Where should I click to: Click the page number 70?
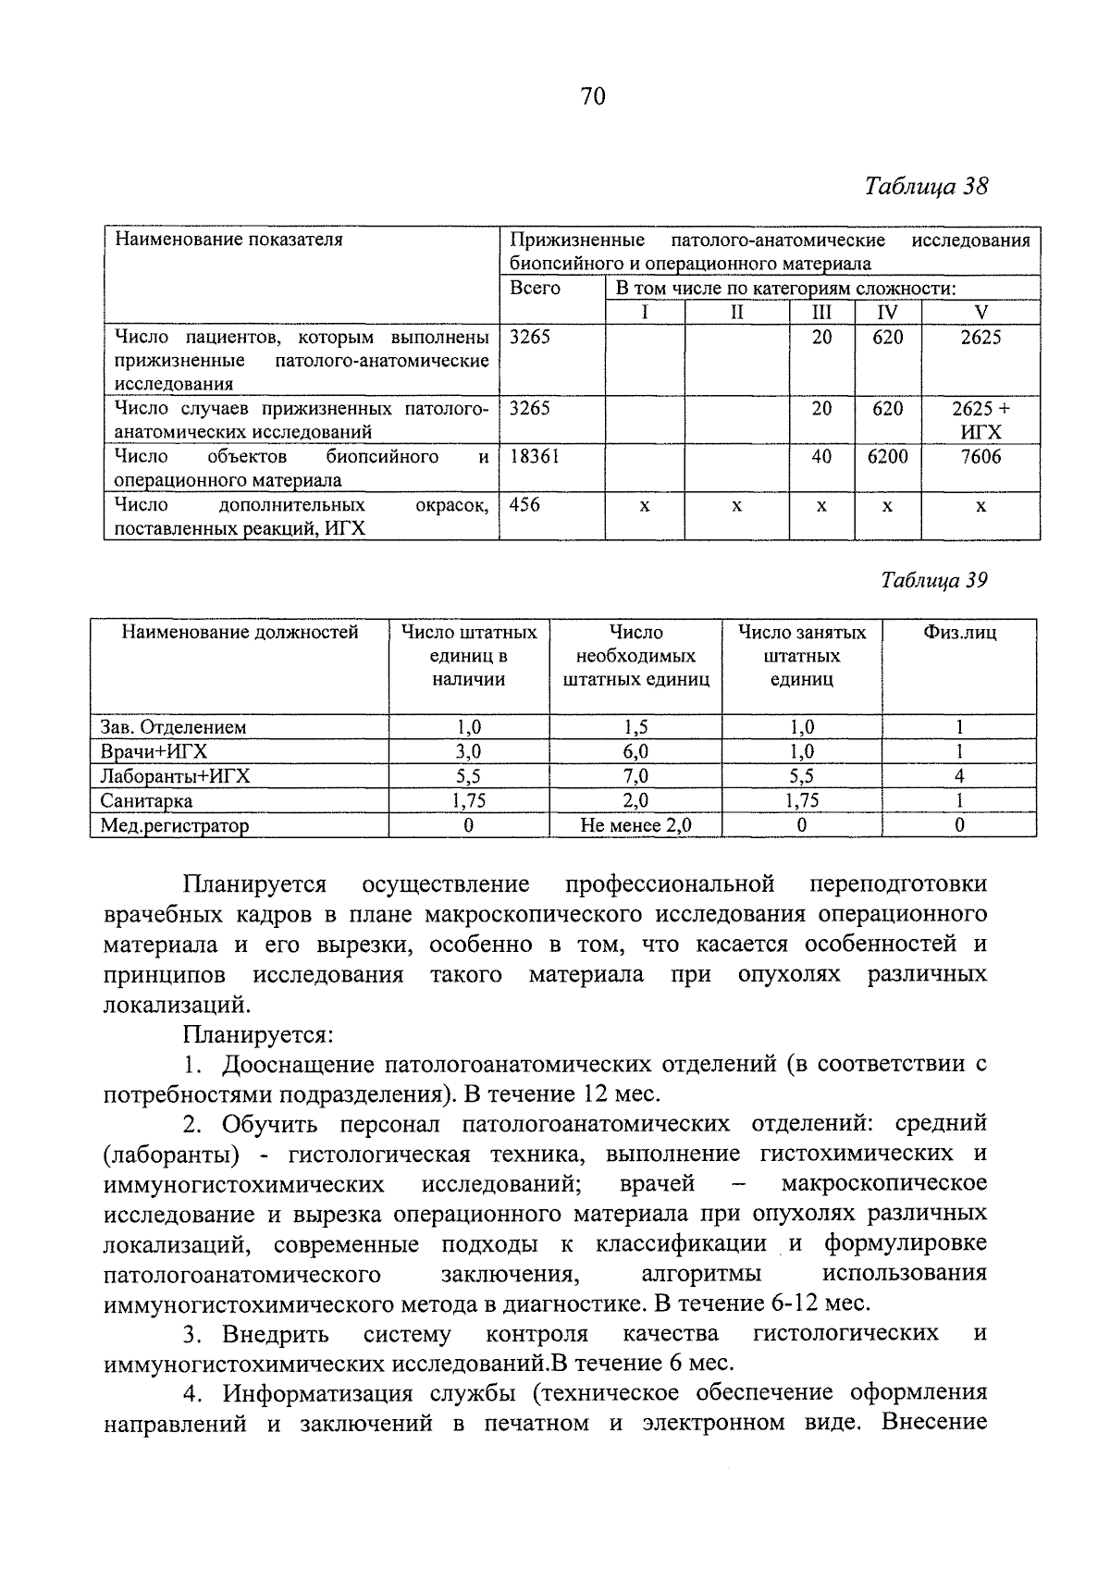(593, 96)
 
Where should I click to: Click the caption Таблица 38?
(927, 187)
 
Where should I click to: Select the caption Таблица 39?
(934, 580)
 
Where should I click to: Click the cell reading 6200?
(887, 457)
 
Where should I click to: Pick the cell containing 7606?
(980, 457)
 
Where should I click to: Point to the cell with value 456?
(525, 505)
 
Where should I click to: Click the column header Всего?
(536, 289)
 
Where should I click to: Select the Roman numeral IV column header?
(887, 313)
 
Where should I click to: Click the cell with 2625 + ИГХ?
(980, 420)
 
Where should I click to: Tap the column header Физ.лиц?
(960, 633)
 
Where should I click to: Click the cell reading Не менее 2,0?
(635, 825)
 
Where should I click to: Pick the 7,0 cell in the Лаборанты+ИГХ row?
(635, 776)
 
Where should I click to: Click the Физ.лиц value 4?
(959, 776)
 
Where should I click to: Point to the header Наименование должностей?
(240, 633)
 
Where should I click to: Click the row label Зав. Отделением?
(173, 728)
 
